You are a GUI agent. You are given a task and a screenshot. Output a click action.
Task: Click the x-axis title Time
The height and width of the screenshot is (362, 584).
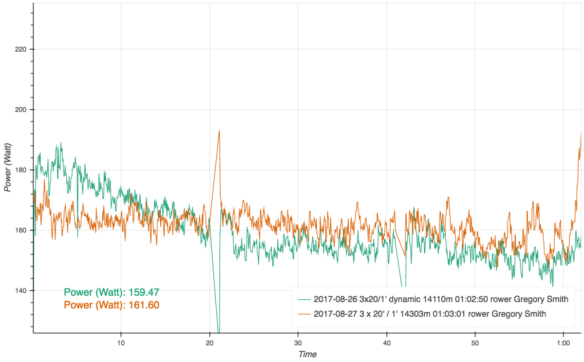307,354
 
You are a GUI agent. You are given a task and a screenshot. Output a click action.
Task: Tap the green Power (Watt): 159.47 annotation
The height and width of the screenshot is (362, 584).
112,292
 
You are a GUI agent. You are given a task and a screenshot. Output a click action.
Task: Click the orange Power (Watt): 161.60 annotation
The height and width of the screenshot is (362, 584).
112,305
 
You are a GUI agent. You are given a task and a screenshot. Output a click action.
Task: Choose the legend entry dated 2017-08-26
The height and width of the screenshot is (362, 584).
441,299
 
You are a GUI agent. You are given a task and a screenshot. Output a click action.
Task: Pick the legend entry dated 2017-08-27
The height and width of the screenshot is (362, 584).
430,314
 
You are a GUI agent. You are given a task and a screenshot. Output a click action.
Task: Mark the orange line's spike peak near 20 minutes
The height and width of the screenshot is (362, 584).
220,131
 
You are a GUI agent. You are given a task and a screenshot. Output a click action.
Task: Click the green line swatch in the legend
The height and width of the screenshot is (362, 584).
304,299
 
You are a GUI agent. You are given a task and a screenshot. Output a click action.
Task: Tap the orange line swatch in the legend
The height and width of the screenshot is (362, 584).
304,314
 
